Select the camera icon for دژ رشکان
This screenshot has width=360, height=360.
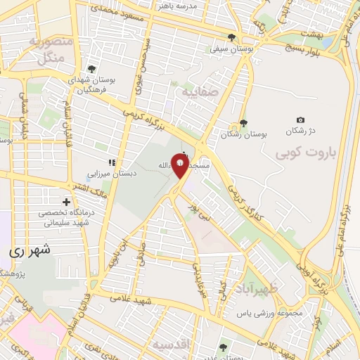pos(301,120)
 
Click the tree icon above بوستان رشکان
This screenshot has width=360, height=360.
pos(243,123)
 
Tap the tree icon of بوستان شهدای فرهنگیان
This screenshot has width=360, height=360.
pos(91,68)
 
